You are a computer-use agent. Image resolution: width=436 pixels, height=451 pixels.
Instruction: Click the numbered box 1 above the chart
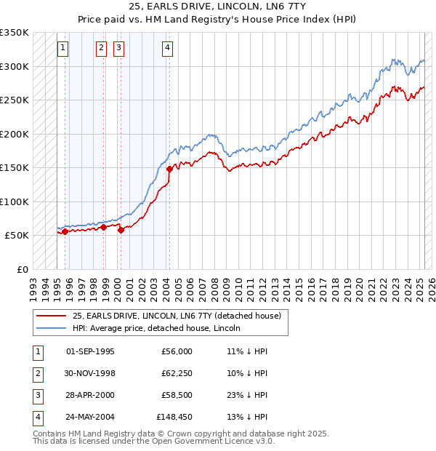point(63,49)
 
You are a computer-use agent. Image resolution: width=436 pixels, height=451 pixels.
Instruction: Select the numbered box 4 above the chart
point(167,49)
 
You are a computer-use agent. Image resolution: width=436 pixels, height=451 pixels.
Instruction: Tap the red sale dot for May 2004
point(169,169)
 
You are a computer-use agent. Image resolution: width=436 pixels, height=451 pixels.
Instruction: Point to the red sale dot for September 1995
point(65,231)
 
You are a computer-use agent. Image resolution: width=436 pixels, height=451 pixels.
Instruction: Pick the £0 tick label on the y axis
point(22,269)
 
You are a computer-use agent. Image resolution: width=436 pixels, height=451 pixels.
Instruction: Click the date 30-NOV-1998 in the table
point(90,373)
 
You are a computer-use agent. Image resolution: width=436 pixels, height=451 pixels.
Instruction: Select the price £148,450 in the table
point(174,417)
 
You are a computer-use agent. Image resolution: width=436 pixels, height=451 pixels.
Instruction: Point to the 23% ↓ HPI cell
point(247,395)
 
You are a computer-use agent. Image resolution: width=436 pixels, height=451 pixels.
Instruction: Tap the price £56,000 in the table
point(177,351)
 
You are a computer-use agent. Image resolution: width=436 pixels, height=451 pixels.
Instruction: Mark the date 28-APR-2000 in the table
point(90,395)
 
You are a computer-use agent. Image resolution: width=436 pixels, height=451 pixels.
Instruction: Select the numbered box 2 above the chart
point(100,49)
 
